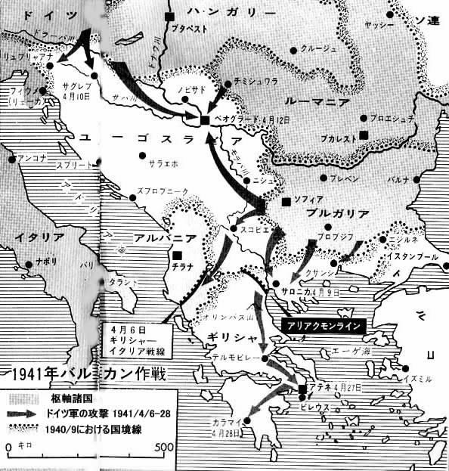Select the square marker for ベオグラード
point(204,120)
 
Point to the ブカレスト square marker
point(364,135)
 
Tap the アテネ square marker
point(302,389)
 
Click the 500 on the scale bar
point(164,447)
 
